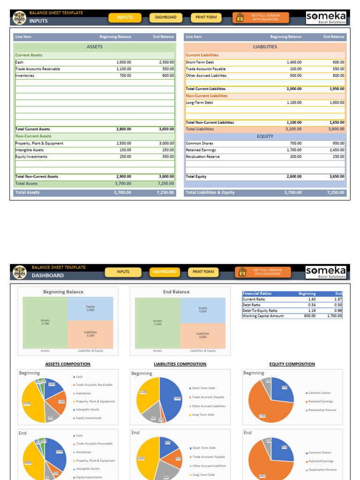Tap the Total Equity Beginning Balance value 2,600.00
point(294,177)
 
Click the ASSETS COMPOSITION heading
point(67,364)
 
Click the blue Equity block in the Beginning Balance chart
point(90,308)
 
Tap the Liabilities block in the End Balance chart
point(202,335)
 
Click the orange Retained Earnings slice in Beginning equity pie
point(262,408)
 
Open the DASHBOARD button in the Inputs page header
point(166,17)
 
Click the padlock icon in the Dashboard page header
point(240,272)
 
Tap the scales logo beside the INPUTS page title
point(19,18)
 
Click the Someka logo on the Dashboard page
point(326,272)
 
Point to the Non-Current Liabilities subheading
point(206,96)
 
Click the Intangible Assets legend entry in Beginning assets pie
point(88,410)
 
